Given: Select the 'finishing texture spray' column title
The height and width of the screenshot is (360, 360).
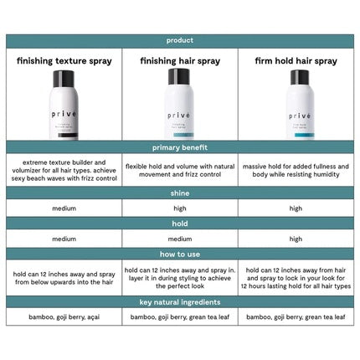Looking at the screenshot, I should click(64, 61).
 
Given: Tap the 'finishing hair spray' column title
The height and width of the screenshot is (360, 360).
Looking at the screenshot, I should click(180, 61).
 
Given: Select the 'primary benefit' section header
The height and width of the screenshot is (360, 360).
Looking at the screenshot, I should click(180, 147).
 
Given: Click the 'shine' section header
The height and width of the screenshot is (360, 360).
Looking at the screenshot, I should click(180, 193).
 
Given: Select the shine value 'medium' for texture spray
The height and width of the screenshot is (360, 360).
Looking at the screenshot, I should click(64, 208).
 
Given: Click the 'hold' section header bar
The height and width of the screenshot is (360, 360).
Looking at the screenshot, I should click(180, 224).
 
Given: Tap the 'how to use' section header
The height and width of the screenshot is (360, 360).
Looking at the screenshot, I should click(180, 254).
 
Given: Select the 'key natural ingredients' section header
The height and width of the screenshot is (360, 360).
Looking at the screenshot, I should click(180, 301).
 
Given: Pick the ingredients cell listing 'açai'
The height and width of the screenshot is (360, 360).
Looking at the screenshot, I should click(64, 317).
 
